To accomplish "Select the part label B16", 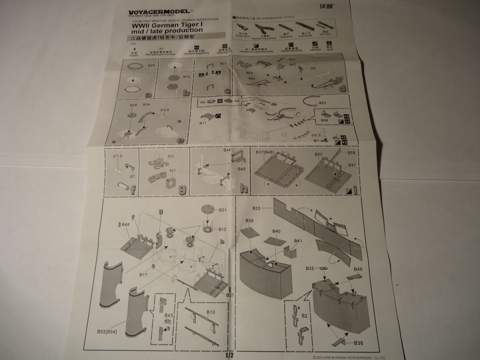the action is coord(186,76).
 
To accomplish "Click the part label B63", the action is coord(322,103).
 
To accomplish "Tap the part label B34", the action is coord(146,104).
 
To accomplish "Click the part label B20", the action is coord(171,156).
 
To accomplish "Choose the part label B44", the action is coord(227,150).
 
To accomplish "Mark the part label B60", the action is coord(318,154).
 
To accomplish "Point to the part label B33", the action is coord(256,208).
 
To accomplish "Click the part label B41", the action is coord(298,240).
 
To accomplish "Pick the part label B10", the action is coord(211,312).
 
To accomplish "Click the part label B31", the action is coord(222,210).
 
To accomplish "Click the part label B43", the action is coord(168,315).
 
